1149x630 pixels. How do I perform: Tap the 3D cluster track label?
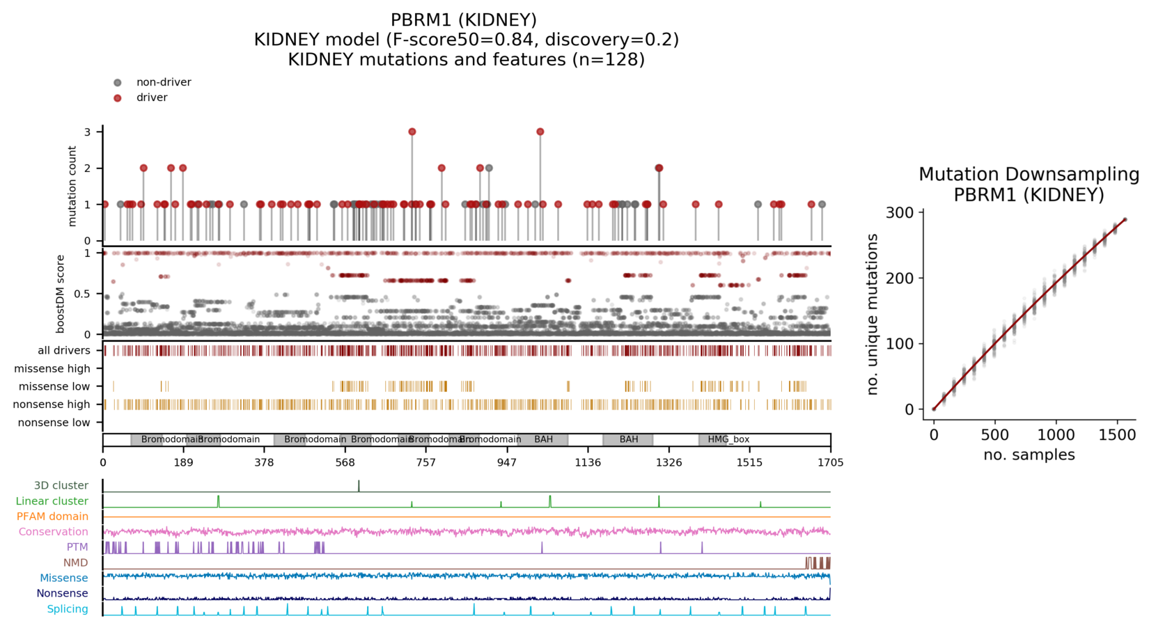[x=61, y=485]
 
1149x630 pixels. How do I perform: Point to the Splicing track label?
[x=68, y=609]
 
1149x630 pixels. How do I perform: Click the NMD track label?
[x=76, y=562]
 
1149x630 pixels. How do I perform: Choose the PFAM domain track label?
[x=52, y=517]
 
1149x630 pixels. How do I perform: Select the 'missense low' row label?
[x=54, y=386]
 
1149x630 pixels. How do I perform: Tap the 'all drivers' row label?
[x=64, y=350]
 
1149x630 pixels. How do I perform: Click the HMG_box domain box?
[x=728, y=439]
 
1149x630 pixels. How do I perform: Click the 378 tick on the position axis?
[x=264, y=462]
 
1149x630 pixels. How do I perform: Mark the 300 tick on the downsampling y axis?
[x=900, y=212]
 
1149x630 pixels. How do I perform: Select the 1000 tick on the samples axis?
[x=1056, y=435]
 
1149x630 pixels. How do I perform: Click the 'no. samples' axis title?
[x=1029, y=455]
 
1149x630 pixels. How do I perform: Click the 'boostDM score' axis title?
[x=61, y=294]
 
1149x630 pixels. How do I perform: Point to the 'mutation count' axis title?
[x=72, y=186]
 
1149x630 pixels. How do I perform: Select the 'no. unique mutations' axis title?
[x=873, y=314]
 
